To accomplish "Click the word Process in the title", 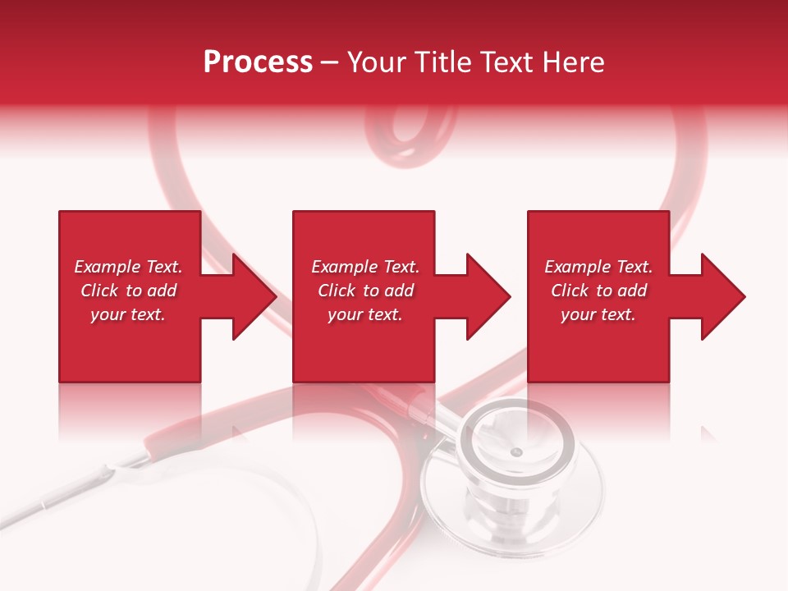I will (x=258, y=62).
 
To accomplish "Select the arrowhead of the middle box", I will (x=487, y=296).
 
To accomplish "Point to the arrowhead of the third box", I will (x=722, y=296).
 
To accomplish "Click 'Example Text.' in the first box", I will (x=128, y=267).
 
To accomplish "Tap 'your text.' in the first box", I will (x=128, y=314).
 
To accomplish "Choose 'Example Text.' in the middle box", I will (x=364, y=267).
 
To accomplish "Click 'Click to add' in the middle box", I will (x=364, y=291).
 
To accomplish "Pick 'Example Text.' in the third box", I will (x=598, y=267).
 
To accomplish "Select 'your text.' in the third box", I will (x=598, y=314).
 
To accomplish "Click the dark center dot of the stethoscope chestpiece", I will (x=515, y=452).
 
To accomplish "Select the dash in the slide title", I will (x=330, y=63).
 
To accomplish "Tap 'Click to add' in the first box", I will (x=128, y=291).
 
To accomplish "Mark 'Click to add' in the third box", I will (x=598, y=291).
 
